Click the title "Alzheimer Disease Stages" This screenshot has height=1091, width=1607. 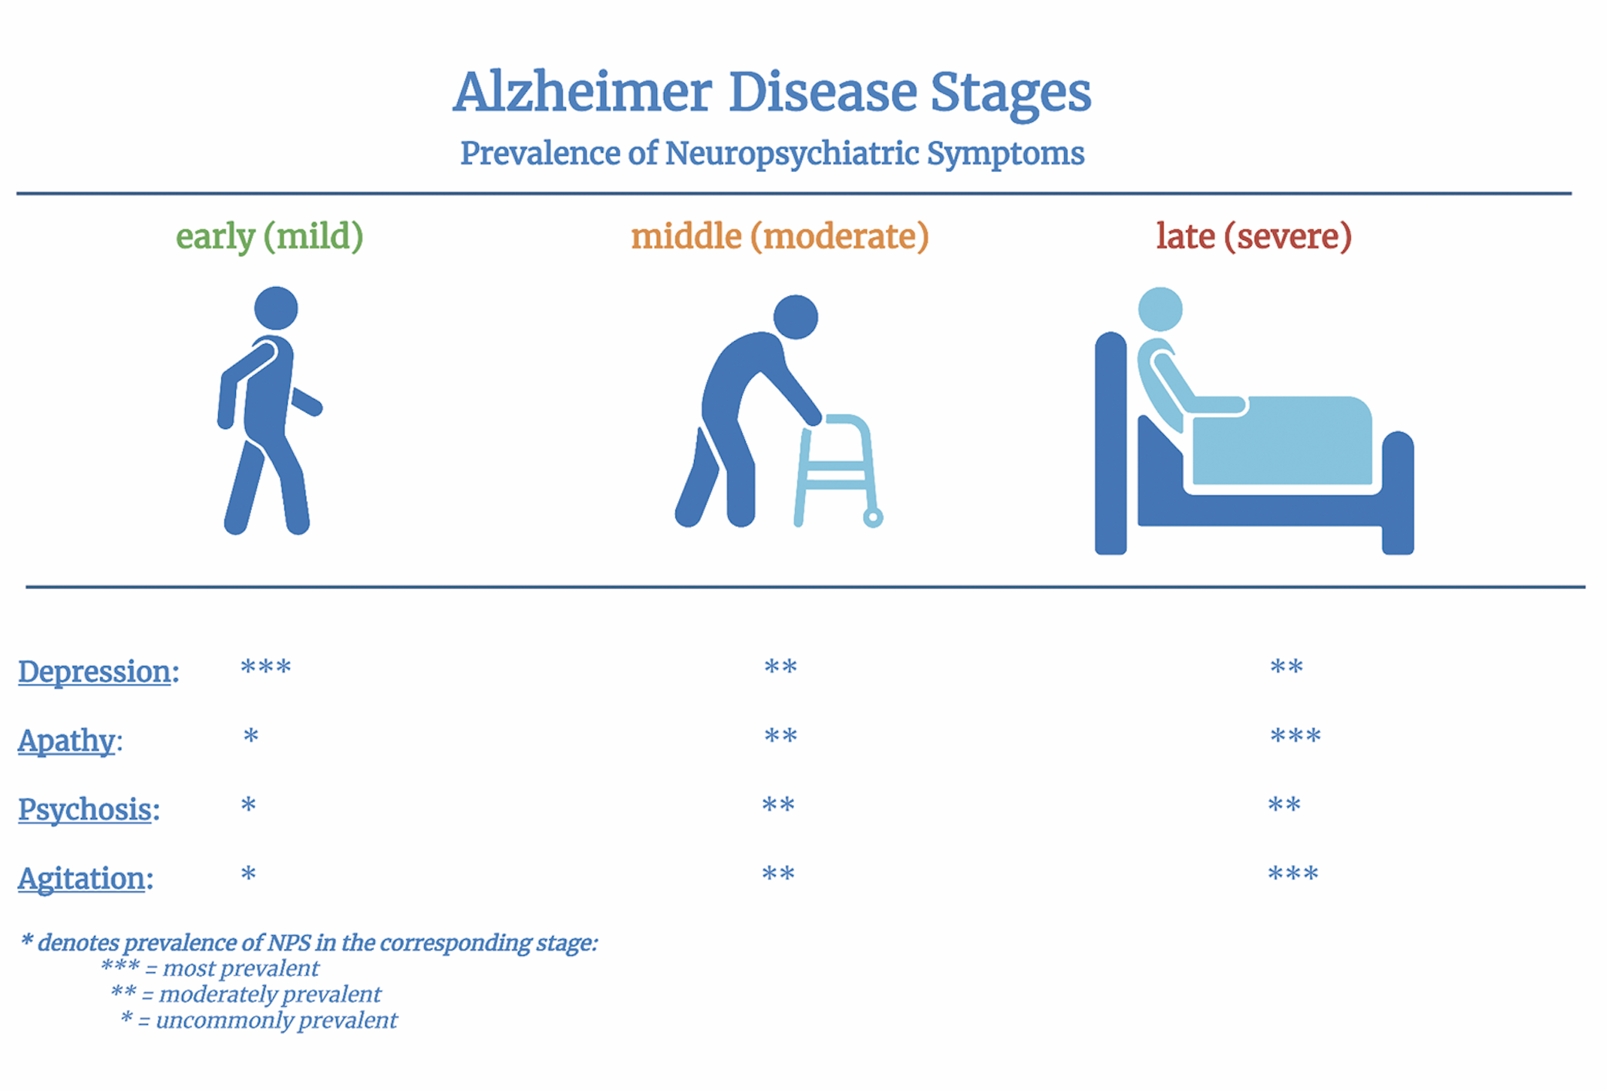772,93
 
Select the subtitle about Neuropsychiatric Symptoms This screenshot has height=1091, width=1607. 772,154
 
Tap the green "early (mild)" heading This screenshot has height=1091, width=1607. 269,236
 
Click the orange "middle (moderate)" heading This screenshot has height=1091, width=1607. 780,236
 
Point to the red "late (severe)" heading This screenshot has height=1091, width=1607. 1254,236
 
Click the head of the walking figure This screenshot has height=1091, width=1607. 276,309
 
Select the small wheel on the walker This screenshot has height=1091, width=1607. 873,517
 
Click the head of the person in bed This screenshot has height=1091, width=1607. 1161,309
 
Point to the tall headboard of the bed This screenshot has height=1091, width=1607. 1110,443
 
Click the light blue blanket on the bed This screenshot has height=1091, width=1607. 1282,441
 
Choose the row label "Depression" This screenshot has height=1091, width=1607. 94,672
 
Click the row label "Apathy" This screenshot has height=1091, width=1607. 66,741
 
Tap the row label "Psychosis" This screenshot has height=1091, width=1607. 85,810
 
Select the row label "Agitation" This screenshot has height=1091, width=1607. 82,879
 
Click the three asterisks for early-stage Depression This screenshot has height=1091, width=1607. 266,666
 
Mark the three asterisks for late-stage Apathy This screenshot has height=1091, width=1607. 1295,735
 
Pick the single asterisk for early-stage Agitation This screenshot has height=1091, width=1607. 248,873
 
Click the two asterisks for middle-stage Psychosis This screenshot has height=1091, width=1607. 778,804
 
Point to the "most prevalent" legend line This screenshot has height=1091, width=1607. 210,968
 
